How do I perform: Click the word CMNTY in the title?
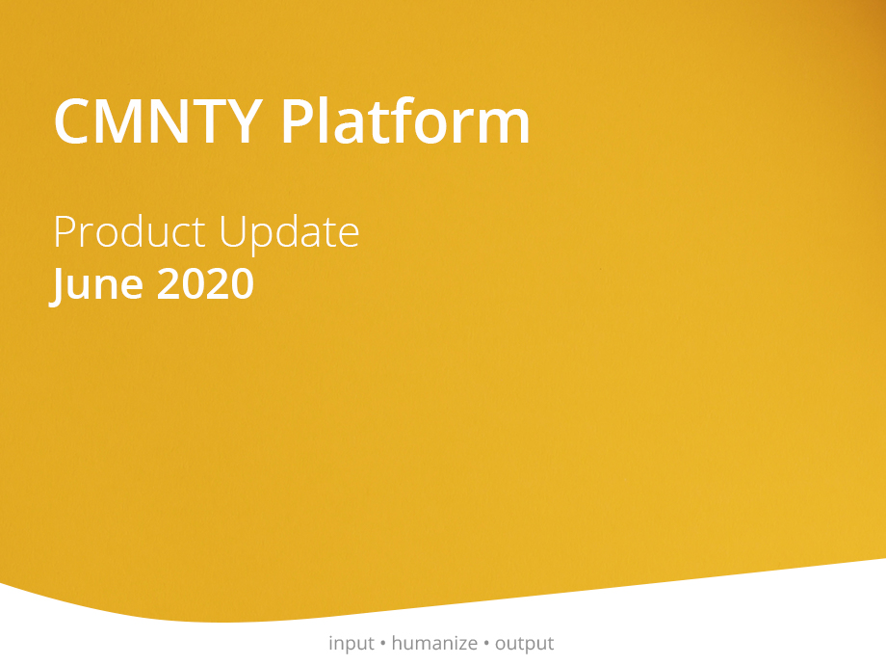click(159, 121)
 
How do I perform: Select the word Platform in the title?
click(405, 120)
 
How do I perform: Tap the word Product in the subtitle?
click(129, 231)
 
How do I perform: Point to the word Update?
click(289, 233)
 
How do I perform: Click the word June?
click(96, 285)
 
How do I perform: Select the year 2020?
click(206, 283)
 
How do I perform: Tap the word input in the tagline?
click(352, 644)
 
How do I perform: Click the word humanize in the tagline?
click(434, 643)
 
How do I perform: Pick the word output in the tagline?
click(524, 644)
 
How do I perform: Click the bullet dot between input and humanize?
click(383, 644)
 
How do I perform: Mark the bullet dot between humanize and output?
click(486, 644)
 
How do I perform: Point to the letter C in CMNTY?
click(72, 121)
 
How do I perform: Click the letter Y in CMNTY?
click(244, 121)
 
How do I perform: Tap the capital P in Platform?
click(296, 121)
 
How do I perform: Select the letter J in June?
click(57, 286)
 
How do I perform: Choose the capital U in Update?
click(233, 232)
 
